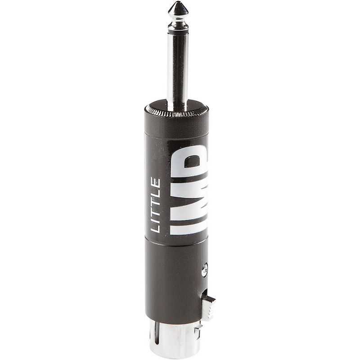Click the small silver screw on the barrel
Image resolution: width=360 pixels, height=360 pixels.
coord(204,270)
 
